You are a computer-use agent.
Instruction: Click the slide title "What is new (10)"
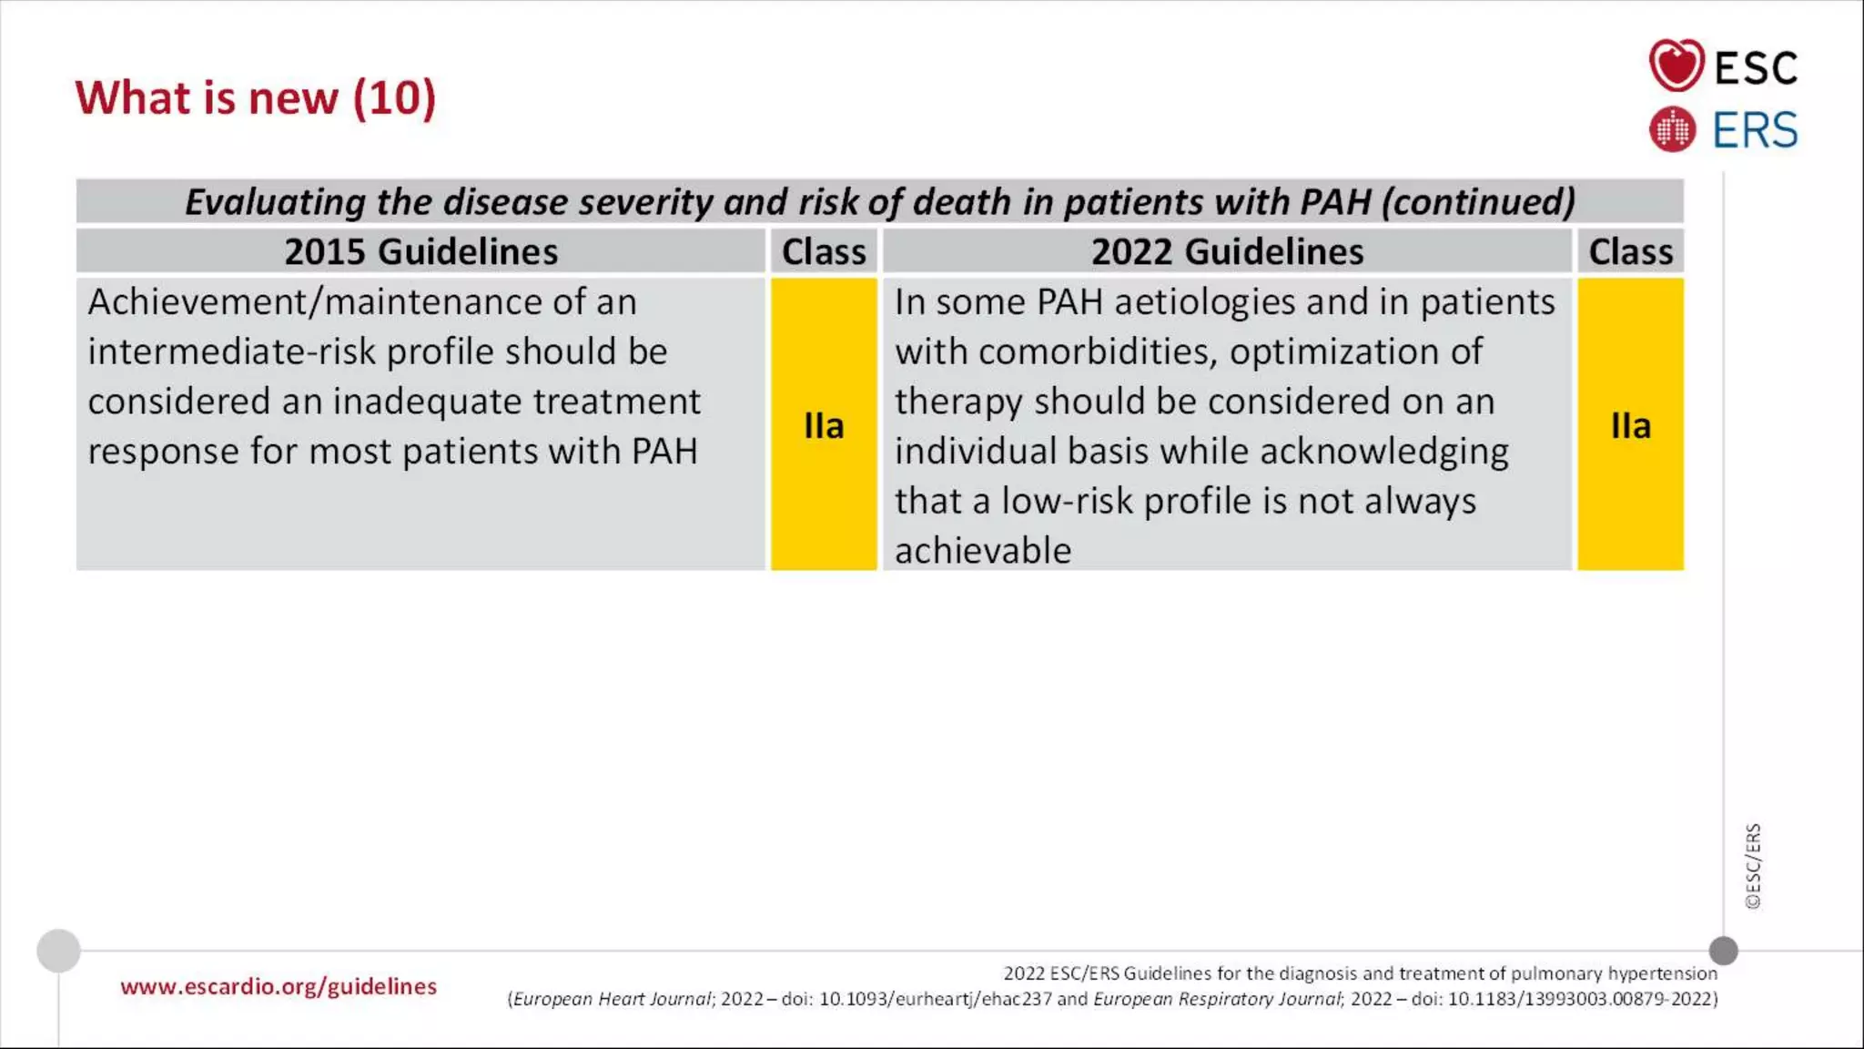(256, 98)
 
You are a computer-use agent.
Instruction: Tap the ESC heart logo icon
(1676, 66)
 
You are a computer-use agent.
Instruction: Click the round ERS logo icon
(1672, 129)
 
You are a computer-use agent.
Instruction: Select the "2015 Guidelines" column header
(420, 251)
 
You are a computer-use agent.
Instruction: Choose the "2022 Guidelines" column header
(1227, 251)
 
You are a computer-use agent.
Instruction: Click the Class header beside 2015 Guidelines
(824, 251)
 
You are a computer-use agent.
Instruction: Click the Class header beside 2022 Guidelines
(1630, 251)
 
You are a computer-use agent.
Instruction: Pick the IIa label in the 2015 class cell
(824, 425)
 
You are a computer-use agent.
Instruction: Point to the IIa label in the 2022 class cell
(1630, 425)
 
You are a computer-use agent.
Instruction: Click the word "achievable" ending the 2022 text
(983, 551)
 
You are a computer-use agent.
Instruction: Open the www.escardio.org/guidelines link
(279, 986)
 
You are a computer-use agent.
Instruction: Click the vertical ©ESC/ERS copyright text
(1753, 866)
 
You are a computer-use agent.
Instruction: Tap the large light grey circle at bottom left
(58, 951)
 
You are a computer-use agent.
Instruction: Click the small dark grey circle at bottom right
(1723, 951)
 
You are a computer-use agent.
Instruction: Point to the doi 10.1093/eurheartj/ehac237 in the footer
(935, 999)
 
